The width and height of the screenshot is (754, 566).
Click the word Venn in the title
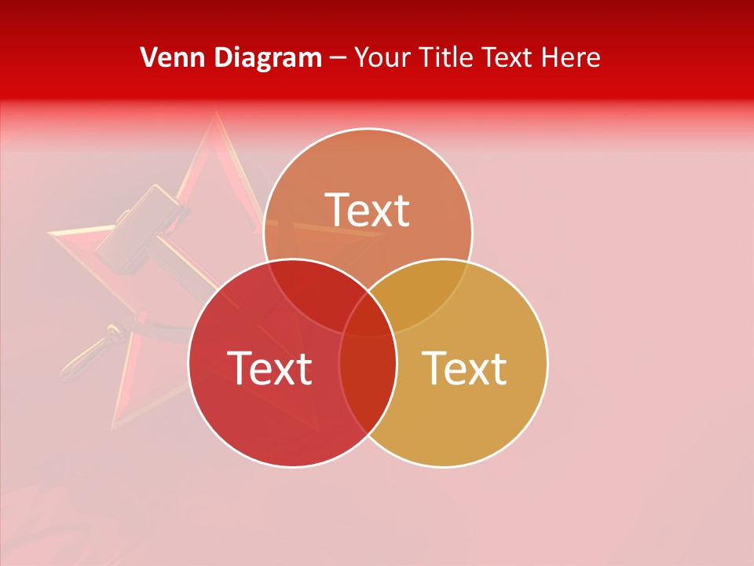(168, 57)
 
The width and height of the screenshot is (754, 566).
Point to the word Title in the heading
(446, 57)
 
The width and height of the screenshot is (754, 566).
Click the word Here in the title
(571, 57)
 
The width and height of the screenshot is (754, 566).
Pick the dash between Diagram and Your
(338, 58)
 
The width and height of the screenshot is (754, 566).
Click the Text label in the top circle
(368, 210)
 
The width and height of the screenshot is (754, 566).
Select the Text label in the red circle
(269, 368)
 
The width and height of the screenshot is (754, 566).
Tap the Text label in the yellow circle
(464, 368)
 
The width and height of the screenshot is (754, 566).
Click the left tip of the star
(50, 233)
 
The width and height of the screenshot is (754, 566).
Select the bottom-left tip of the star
(115, 428)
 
